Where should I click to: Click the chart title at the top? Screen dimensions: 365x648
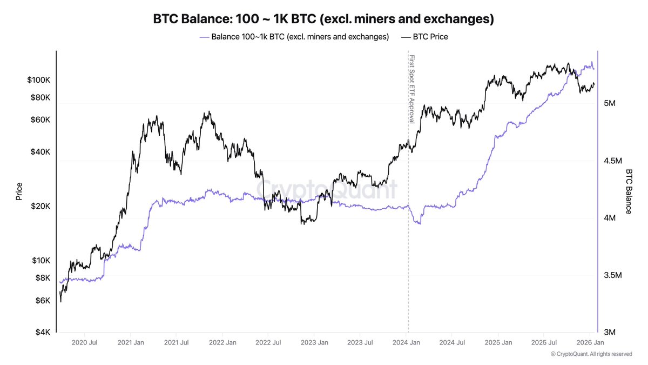coord(323,19)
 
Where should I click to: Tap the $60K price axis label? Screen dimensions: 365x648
coord(39,120)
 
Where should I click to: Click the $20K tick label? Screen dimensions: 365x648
coord(39,207)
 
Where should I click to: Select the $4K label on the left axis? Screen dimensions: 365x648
coord(42,332)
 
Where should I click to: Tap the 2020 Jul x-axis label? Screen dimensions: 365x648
coord(84,342)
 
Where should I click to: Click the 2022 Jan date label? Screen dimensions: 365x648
coord(223,342)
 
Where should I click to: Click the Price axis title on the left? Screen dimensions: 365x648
coord(19,191)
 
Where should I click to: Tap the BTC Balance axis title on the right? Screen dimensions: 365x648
coord(629,191)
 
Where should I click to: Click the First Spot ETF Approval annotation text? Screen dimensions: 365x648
coord(411,89)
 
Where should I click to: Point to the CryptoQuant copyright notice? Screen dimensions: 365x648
coord(591,354)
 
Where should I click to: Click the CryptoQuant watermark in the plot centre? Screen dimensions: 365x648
coord(326,190)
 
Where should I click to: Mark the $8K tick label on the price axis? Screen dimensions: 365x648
coord(42,278)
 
